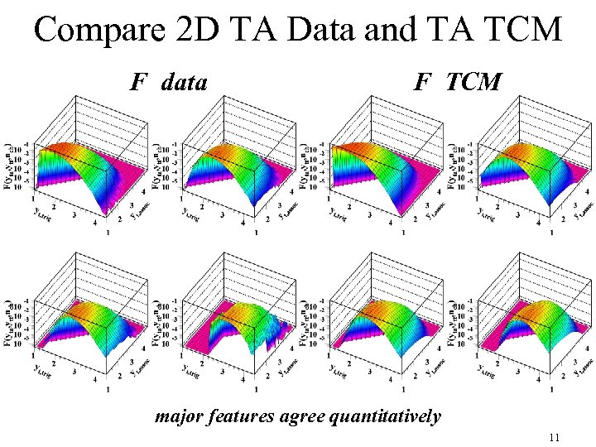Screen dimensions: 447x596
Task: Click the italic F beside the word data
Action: click(x=138, y=83)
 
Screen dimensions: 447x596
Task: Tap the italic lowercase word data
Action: click(x=185, y=83)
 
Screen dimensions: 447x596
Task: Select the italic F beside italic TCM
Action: click(x=422, y=83)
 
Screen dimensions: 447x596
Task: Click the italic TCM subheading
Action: click(x=473, y=83)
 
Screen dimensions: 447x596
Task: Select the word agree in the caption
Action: click(x=300, y=416)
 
